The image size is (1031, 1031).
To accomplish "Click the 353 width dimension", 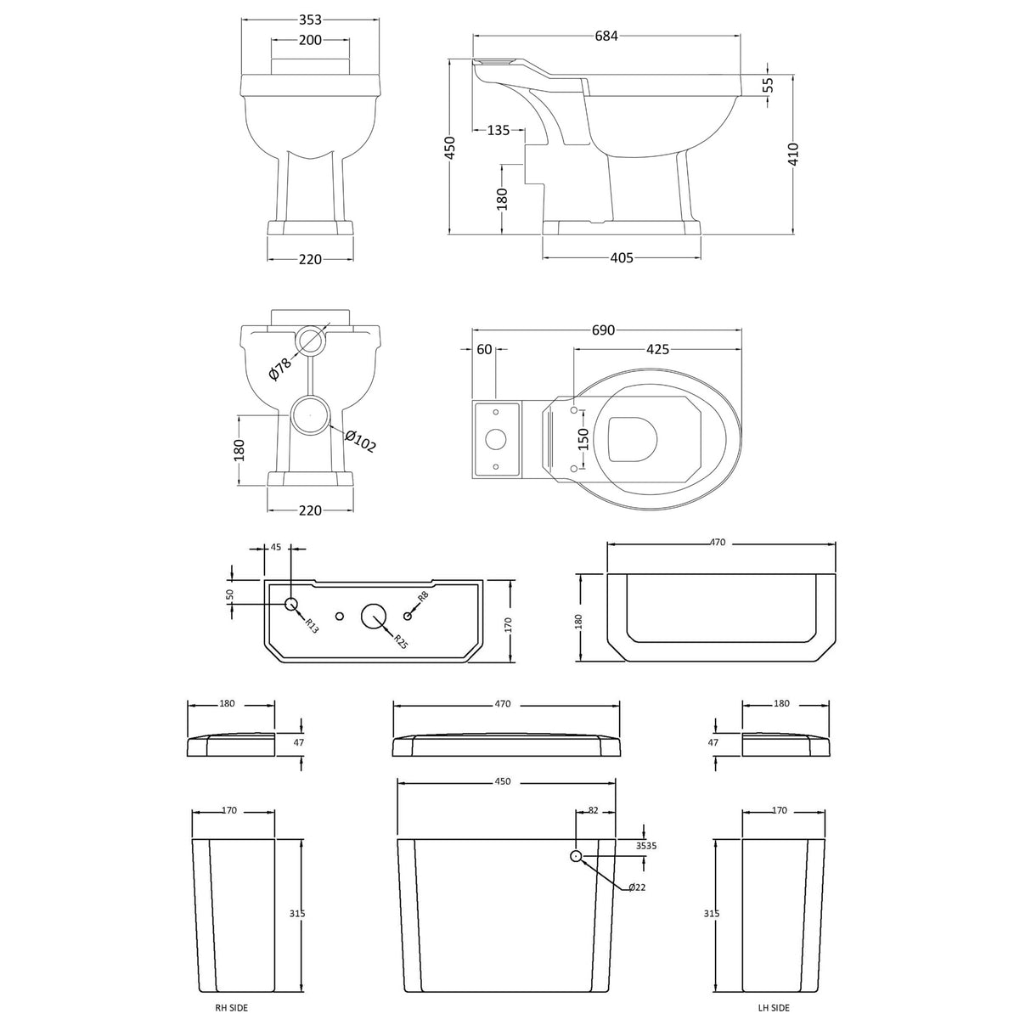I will [310, 20].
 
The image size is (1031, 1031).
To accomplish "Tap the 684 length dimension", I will [606, 36].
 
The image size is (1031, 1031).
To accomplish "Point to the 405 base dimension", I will [622, 258].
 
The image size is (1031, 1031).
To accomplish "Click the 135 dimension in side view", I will [499, 130].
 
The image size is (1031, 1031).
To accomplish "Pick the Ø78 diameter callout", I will [280, 369].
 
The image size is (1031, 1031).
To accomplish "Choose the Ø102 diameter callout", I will [361, 442].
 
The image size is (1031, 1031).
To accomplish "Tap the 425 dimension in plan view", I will [657, 349].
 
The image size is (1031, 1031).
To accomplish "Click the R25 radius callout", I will [400, 644].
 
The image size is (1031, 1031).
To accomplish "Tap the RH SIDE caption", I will [231, 1008].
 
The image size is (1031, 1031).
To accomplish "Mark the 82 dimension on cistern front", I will [593, 811].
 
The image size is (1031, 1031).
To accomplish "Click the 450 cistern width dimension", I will [503, 781].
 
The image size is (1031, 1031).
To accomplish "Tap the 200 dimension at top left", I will [310, 40].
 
